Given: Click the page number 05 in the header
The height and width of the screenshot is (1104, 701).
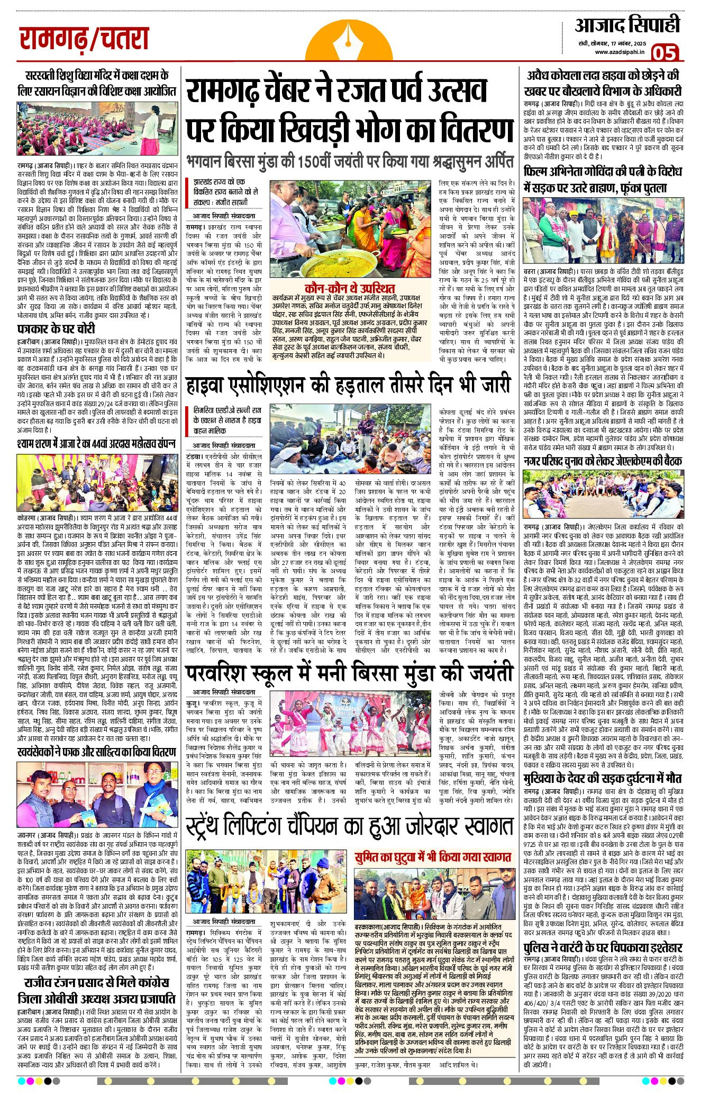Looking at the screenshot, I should (x=664, y=52).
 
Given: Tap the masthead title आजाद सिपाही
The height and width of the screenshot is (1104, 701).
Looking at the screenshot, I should (x=627, y=25).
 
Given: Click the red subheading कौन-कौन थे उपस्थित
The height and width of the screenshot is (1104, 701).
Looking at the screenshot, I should (x=350, y=288).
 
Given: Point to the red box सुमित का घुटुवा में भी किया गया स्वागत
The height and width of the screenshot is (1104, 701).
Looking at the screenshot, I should (x=433, y=857).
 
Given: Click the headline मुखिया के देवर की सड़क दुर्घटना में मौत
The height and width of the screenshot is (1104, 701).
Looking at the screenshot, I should (x=602, y=778).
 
